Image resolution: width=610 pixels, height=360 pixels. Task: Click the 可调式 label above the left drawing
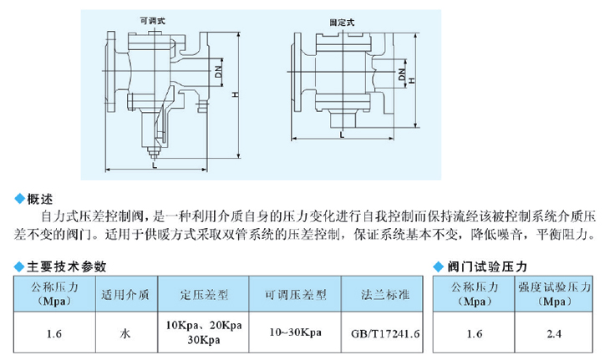click(x=152, y=21)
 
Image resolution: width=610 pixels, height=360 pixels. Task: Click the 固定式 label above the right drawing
click(x=342, y=23)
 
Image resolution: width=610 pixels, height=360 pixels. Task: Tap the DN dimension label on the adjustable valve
click(x=218, y=72)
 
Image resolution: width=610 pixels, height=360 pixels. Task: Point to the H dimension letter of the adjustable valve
click(x=235, y=94)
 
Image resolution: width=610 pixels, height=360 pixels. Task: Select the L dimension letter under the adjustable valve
click(x=155, y=165)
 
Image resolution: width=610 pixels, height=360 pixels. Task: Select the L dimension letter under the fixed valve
click(x=342, y=135)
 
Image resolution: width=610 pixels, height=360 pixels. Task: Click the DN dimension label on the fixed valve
click(x=401, y=74)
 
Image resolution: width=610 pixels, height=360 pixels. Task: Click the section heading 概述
click(x=39, y=199)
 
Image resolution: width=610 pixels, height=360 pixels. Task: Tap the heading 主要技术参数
click(x=67, y=266)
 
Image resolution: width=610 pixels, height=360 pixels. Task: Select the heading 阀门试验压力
click(x=487, y=266)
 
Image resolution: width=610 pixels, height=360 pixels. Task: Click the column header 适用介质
click(x=125, y=294)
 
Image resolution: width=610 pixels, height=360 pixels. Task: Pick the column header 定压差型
click(x=204, y=294)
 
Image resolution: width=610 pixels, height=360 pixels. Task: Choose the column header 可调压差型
click(x=296, y=294)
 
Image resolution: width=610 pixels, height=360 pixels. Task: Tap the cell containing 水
click(x=125, y=333)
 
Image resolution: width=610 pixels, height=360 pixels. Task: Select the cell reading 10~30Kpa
click(x=295, y=332)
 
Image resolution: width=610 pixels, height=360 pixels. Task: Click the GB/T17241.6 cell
click(x=385, y=333)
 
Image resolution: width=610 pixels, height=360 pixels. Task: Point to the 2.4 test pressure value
click(x=554, y=333)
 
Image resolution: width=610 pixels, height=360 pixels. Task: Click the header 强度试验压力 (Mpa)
click(x=554, y=294)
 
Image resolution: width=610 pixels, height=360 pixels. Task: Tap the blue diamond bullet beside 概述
click(x=19, y=199)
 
